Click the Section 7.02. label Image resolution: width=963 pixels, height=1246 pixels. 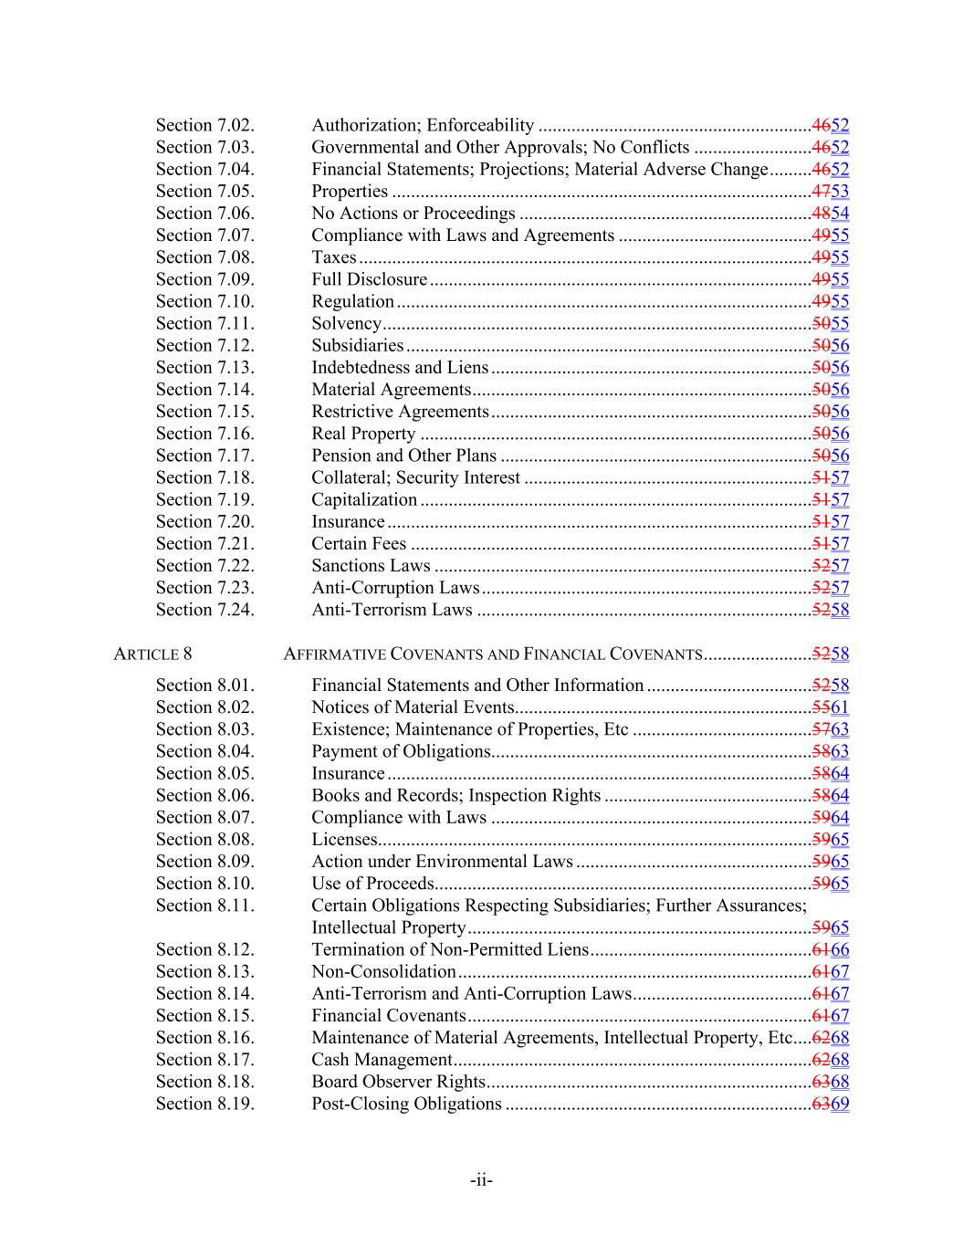coord(204,125)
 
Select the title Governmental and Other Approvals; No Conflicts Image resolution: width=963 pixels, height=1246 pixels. coord(500,147)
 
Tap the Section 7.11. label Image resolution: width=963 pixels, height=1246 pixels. coord(204,323)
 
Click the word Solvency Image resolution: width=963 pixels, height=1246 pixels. coord(346,323)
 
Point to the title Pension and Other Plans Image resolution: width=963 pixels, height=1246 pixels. coord(403,455)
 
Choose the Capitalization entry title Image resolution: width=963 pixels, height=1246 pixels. coord(364,499)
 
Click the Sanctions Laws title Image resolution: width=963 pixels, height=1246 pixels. coord(371,565)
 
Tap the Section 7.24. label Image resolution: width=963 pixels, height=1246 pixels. coord(204,610)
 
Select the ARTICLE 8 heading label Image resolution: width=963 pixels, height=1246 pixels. coord(152,654)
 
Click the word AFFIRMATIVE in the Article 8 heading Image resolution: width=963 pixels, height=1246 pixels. coord(335,654)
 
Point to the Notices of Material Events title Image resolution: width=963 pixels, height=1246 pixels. coord(413,707)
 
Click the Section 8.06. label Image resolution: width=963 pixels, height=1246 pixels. coord(204,795)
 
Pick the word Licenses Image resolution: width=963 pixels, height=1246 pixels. coord(343,839)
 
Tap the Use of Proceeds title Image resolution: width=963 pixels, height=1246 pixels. coord(372,883)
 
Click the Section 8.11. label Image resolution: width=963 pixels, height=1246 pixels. coord(204,906)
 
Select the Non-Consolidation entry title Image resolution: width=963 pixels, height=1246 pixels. coord(383,971)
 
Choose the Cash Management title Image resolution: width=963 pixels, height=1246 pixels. coord(382,1059)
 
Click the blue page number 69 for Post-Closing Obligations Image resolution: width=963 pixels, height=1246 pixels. coord(840,1104)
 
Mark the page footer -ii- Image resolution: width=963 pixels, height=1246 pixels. coord(481,1180)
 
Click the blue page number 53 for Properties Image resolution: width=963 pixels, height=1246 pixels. coord(840,191)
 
